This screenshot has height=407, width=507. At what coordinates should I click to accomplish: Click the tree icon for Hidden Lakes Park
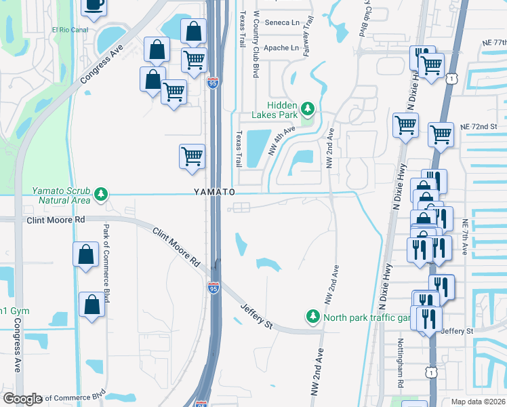308,109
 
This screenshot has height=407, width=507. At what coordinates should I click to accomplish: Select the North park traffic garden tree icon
313,317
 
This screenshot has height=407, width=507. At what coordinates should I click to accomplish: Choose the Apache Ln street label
281,48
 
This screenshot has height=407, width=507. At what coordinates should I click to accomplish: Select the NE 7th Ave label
465,237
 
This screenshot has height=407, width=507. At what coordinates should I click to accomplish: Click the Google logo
22,399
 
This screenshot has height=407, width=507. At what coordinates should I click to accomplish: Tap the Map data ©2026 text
477,402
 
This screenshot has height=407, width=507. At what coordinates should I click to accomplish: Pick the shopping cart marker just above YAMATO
192,156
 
